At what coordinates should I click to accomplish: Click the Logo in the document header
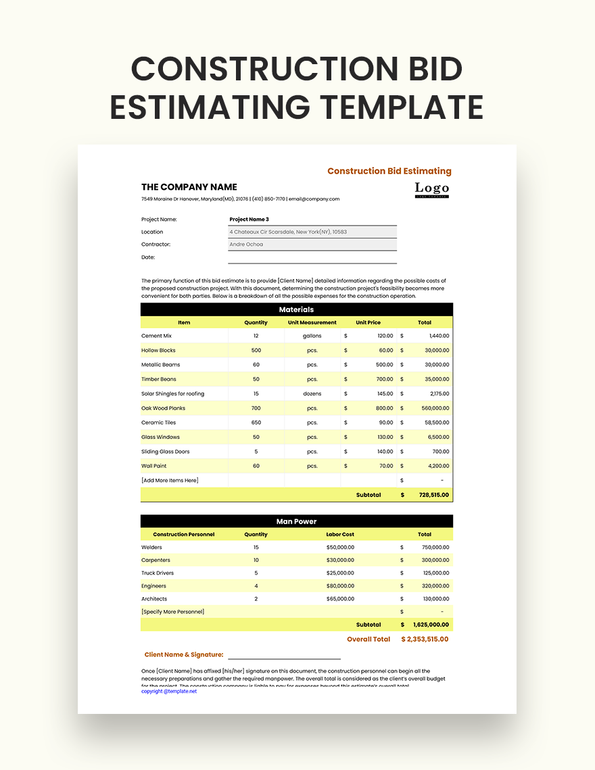click(x=432, y=189)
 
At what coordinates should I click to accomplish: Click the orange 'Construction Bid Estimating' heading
click(x=389, y=171)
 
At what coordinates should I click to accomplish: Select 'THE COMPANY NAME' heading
click(x=189, y=187)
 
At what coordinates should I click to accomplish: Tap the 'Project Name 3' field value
click(x=249, y=220)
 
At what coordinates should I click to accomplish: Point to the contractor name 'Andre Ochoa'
click(x=247, y=245)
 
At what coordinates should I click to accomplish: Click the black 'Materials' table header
click(x=297, y=309)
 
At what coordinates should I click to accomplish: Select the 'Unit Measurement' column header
click(x=312, y=322)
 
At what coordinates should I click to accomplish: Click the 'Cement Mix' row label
click(x=157, y=336)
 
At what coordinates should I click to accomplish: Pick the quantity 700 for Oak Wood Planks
click(x=256, y=408)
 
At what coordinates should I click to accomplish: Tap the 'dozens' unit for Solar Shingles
click(x=312, y=394)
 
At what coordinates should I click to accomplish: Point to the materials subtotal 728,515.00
click(x=433, y=495)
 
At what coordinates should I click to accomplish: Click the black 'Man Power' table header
click(x=297, y=521)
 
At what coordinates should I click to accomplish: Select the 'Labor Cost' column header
click(x=340, y=534)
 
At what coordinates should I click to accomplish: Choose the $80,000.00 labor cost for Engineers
click(x=340, y=586)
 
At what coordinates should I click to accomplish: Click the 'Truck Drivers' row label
click(x=158, y=573)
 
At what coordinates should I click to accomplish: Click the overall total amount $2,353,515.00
click(x=425, y=639)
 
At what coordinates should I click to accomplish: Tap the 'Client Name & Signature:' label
click(x=184, y=654)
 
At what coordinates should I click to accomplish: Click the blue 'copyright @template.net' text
click(x=169, y=692)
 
